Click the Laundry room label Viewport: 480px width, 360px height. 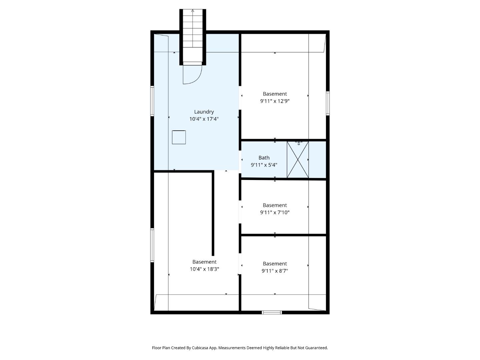pos(204,112)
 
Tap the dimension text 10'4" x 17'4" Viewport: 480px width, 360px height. pos(204,119)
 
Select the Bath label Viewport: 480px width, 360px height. pos(264,158)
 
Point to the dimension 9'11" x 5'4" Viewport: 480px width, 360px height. pos(264,165)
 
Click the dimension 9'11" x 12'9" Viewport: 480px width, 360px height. pos(275,101)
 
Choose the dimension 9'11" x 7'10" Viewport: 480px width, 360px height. pos(275,212)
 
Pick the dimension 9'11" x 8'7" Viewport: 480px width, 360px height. pos(275,271)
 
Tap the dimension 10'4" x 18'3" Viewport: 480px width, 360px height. pos(204,269)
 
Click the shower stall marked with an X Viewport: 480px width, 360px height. pos(298,160)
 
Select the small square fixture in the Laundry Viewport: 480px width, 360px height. pos(179,137)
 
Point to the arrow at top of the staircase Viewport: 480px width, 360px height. pos(193,11)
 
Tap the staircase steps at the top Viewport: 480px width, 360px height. pos(193,33)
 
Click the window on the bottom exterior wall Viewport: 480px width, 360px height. pos(272,312)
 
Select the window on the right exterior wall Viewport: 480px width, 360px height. pos(328,103)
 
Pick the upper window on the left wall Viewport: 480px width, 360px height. pos(152,101)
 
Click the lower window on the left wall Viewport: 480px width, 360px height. pos(152,245)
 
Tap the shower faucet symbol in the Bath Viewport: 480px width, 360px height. pos(299,143)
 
